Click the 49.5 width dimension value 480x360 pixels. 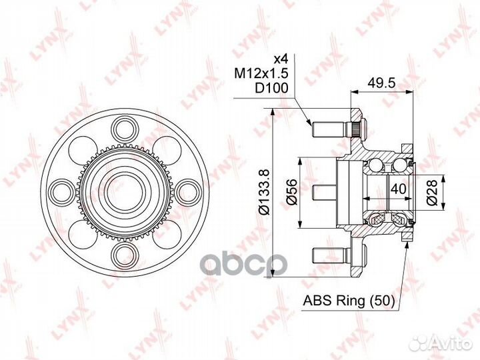coord(381,83)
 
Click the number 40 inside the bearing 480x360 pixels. coord(398,189)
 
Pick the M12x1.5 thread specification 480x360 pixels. coord(261,73)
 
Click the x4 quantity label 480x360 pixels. coord(281,59)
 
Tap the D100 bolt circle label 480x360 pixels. coord(272,88)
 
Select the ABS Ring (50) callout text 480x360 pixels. coord(349,301)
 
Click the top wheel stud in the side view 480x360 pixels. coord(331,129)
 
